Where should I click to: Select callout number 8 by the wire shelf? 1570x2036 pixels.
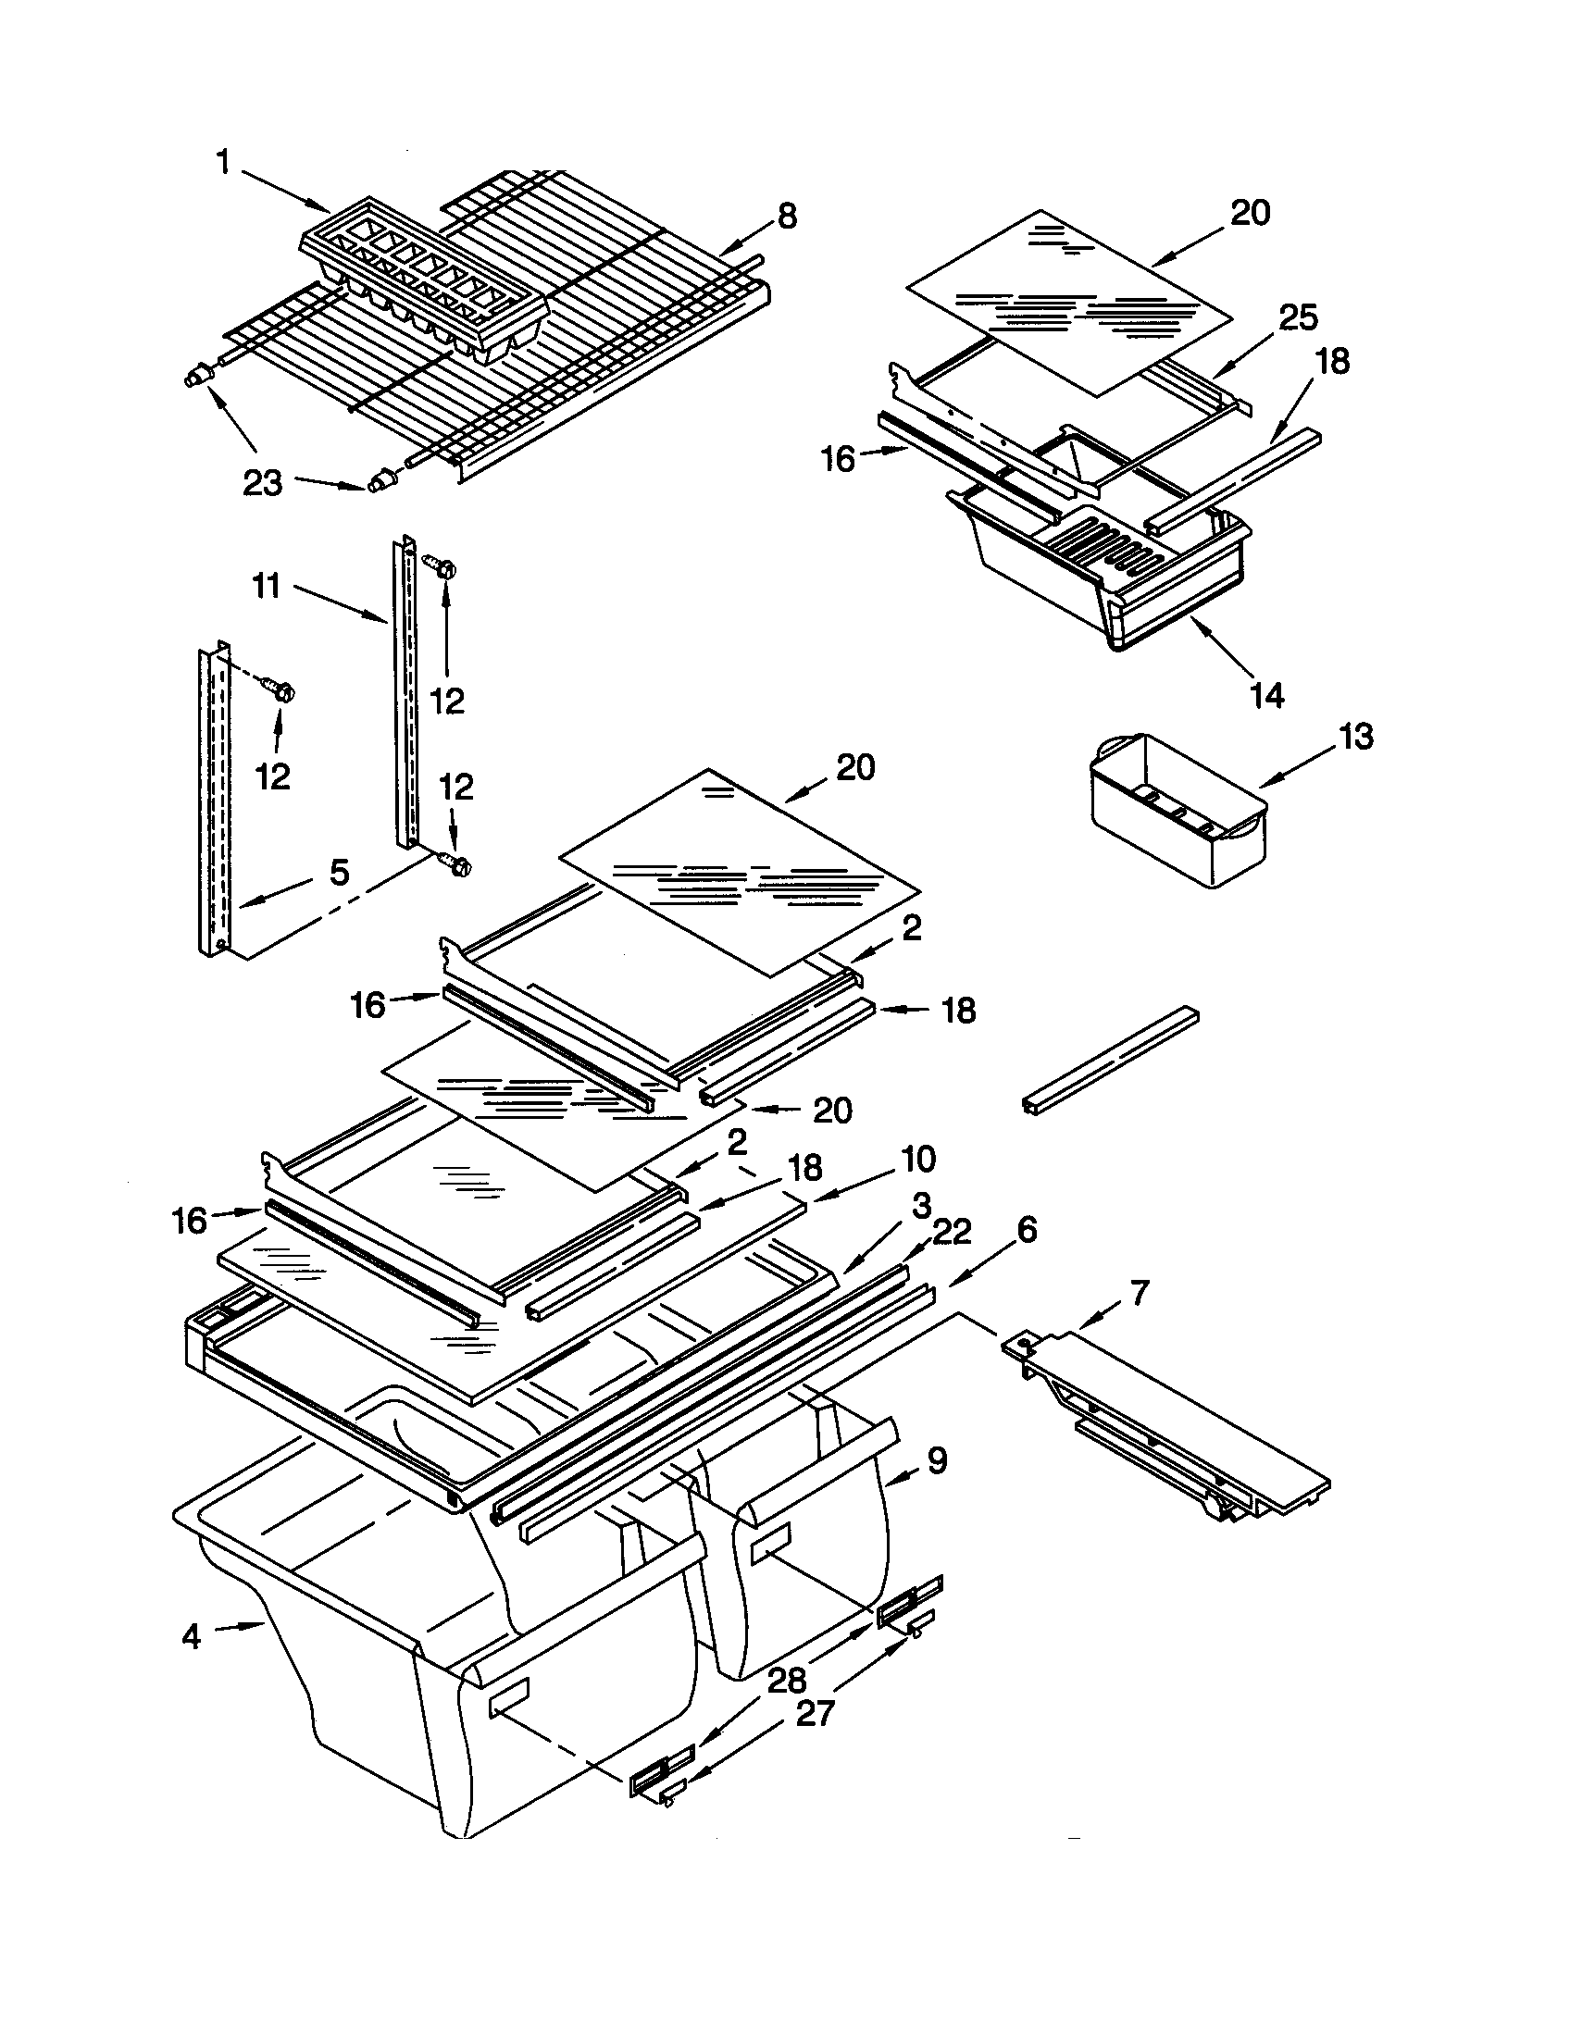point(787,217)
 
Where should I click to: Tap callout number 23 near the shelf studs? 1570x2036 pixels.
point(262,483)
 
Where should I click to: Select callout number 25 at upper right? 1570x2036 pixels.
point(1298,317)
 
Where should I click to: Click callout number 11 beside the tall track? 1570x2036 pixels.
point(267,588)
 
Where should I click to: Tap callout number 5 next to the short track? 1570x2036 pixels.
point(340,873)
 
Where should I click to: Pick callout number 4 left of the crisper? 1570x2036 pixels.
point(191,1636)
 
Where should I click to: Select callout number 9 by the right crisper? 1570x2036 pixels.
point(937,1459)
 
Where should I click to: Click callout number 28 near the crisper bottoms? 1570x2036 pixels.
point(787,1680)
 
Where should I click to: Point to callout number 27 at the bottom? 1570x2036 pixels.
point(813,1713)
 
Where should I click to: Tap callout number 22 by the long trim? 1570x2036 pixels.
point(951,1233)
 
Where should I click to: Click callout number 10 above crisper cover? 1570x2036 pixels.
point(917,1160)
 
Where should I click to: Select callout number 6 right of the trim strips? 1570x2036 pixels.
point(1026,1231)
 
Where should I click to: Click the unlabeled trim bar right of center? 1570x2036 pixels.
point(1109,1059)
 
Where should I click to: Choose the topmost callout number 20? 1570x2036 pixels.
point(1250,214)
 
